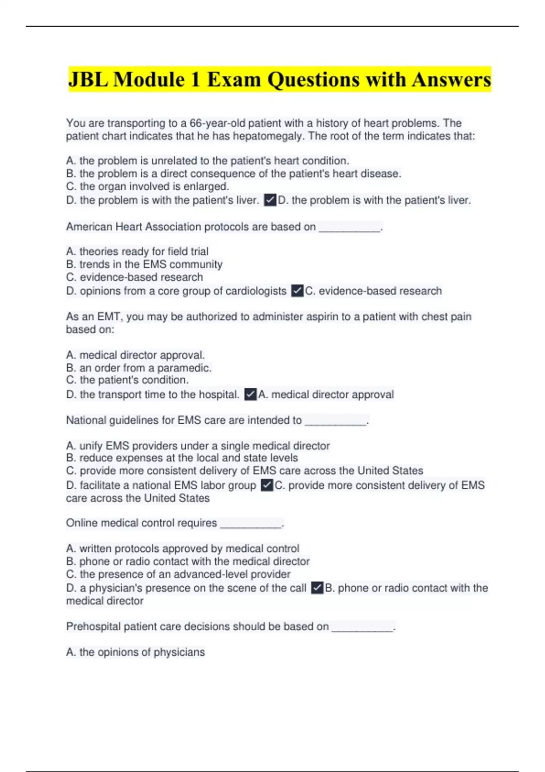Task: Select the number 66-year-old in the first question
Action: (217, 123)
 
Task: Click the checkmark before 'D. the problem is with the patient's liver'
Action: (270, 200)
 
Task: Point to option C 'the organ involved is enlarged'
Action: (148, 186)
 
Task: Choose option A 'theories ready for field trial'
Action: (137, 251)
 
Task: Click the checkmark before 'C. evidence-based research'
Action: (297, 291)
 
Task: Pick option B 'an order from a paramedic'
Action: (139, 367)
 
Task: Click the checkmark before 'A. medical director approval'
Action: (250, 394)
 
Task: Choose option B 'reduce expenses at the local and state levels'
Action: (182, 458)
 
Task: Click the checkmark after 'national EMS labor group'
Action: (267, 485)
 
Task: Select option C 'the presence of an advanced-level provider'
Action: (178, 574)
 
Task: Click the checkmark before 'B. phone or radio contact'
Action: (317, 588)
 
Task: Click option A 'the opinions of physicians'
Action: (135, 652)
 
